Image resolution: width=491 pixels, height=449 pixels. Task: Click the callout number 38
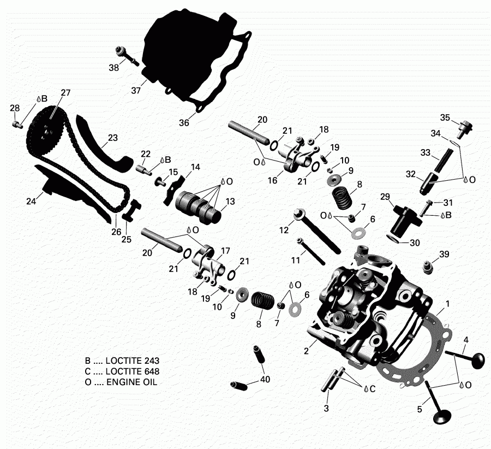(113, 68)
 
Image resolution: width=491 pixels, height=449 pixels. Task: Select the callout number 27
(65, 92)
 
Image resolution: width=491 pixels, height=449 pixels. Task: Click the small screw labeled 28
(17, 124)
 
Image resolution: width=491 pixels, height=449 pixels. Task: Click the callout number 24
(31, 202)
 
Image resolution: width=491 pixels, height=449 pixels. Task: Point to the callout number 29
(385, 196)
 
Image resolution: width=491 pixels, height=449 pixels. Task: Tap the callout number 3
(326, 408)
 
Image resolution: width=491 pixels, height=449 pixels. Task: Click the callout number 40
(265, 380)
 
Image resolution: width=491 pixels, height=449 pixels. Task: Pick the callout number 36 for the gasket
(184, 123)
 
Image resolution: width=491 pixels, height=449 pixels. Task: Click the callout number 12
(283, 231)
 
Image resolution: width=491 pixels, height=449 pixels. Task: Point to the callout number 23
(112, 138)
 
